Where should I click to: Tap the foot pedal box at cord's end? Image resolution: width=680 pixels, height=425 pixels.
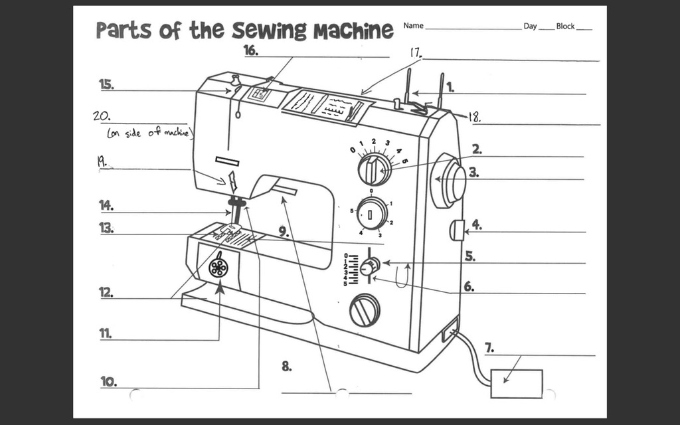(x=516, y=383)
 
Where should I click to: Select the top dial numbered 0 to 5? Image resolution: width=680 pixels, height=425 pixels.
(x=374, y=169)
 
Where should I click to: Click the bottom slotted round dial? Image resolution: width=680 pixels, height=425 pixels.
(x=365, y=310)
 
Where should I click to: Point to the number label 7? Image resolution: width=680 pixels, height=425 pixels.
(x=489, y=347)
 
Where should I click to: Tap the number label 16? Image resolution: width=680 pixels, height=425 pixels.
(x=250, y=50)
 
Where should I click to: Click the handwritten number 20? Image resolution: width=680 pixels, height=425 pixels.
(x=101, y=115)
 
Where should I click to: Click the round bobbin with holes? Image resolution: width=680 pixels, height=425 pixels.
(x=218, y=268)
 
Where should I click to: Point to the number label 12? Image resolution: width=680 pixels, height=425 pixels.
(x=106, y=292)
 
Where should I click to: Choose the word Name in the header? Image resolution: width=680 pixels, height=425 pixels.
(x=413, y=26)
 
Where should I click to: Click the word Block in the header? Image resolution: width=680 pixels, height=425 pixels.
(x=565, y=26)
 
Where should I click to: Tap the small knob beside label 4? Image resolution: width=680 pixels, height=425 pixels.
(x=456, y=230)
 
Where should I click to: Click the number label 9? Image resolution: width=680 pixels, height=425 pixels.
(x=284, y=232)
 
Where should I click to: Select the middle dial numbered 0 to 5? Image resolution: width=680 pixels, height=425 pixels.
(x=371, y=214)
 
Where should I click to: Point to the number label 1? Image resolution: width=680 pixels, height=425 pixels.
(x=450, y=86)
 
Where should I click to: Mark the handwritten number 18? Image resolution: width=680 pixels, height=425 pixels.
(x=475, y=118)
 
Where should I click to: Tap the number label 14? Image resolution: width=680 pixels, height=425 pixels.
(x=106, y=205)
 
